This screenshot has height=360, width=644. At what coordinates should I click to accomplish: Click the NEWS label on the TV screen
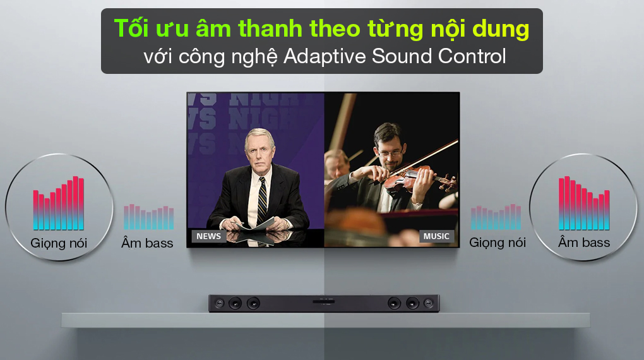208,236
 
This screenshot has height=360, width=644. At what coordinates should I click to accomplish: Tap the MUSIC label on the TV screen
436,236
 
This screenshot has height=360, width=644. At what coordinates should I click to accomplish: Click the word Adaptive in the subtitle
325,56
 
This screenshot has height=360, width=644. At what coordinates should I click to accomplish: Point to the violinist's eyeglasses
390,153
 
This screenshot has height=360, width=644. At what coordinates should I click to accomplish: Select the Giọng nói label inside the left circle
59,244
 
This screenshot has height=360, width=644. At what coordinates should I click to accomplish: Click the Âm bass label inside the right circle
584,243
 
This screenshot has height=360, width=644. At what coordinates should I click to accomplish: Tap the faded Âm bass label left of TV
147,243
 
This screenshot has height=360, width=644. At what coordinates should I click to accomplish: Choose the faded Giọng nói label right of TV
498,243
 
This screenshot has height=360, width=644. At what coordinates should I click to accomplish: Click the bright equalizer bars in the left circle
59,203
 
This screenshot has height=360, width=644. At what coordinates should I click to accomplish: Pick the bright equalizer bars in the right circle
584,203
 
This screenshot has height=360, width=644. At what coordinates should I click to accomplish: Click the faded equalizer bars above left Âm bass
148,217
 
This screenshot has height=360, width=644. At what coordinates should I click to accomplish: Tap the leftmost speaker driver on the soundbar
220,304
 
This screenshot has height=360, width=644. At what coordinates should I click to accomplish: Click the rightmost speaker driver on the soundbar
428,304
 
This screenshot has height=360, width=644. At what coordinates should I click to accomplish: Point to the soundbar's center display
324,302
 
